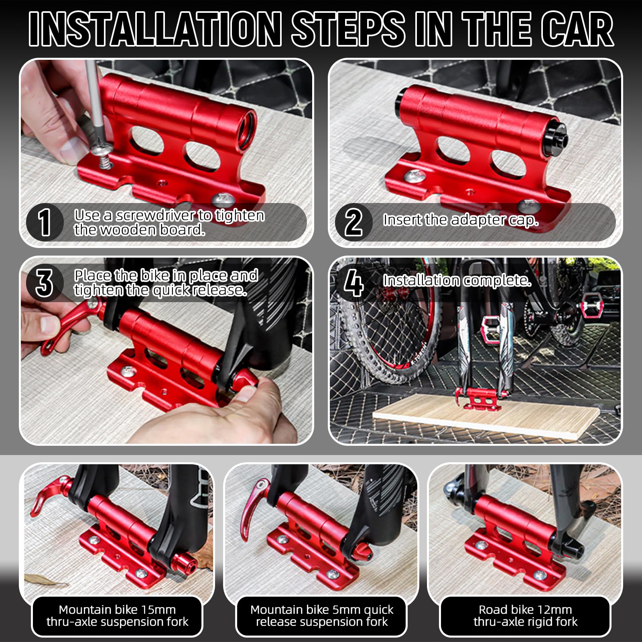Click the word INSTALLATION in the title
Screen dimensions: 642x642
point(155,29)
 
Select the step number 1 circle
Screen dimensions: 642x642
point(45,222)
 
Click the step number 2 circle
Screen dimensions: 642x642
point(353,222)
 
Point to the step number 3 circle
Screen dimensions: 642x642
point(45,282)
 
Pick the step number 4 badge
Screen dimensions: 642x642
point(354,282)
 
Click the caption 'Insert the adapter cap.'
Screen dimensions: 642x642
point(461,220)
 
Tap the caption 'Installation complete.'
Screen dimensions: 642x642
point(457,280)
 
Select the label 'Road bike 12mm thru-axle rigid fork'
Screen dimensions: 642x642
point(525,616)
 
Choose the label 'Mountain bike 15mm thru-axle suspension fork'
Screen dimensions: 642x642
point(117,616)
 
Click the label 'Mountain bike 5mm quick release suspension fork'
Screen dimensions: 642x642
point(322,616)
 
